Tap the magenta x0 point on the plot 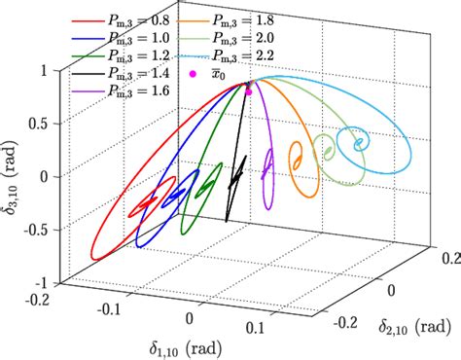coord(249,91)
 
